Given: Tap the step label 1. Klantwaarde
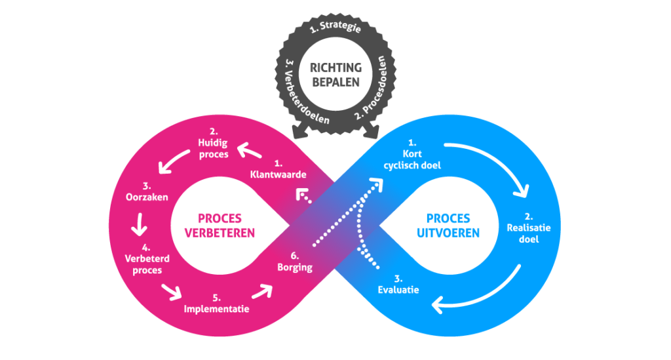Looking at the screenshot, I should pyautogui.click(x=278, y=169).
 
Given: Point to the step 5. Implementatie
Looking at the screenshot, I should pyautogui.click(x=216, y=303).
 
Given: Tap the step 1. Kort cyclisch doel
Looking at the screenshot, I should pyautogui.click(x=413, y=154).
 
